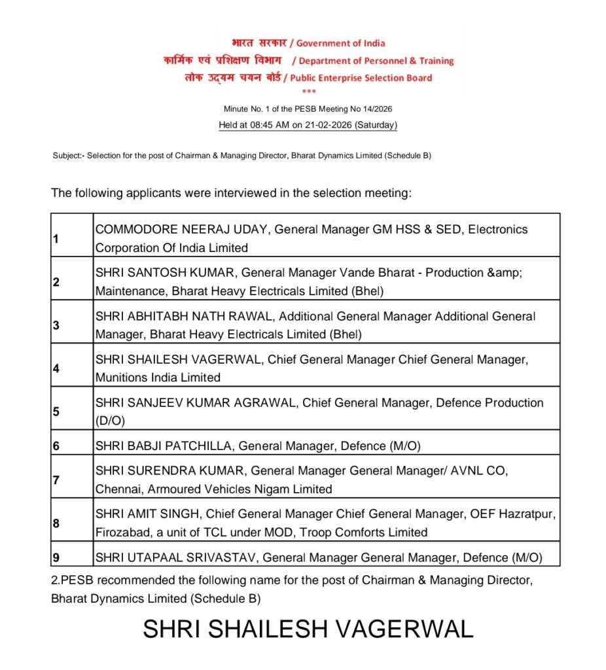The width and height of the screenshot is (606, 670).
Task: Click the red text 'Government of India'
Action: [x=340, y=43]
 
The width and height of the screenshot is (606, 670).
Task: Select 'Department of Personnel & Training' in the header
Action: [x=376, y=61]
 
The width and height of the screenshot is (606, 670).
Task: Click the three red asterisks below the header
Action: [x=309, y=92]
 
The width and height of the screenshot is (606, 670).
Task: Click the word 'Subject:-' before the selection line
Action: [x=69, y=156]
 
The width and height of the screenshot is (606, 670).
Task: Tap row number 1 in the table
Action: [x=56, y=239]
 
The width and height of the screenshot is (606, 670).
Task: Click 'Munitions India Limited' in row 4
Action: [x=158, y=378]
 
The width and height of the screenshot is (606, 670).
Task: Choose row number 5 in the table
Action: [x=56, y=412]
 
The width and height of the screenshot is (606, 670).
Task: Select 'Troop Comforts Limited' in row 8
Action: [x=363, y=533]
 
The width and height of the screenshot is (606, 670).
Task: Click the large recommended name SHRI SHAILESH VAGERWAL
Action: [x=308, y=629]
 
